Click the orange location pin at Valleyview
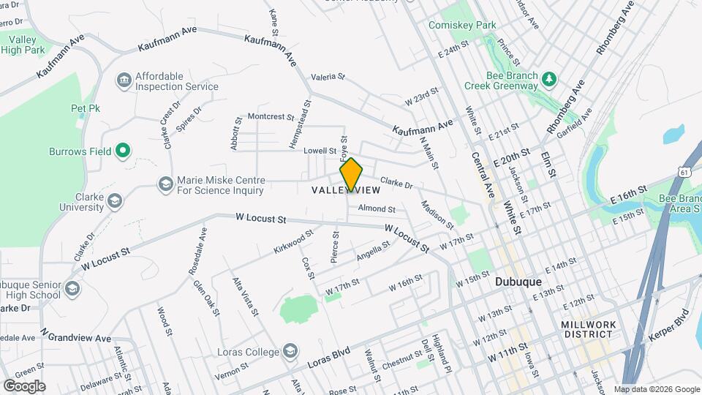pos(351,174)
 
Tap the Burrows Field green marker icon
pos(123,151)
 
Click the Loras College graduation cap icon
pos(290,352)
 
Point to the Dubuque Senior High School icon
pos(72,290)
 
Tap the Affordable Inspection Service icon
pos(123,79)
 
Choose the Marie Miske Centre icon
pos(165,184)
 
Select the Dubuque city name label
pos(518,281)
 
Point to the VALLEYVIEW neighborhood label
pos(346,190)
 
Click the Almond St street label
pos(376,209)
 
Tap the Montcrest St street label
pos(271,116)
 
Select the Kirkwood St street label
pos(293,240)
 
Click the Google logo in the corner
pos(24,385)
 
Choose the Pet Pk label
pos(84,108)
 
